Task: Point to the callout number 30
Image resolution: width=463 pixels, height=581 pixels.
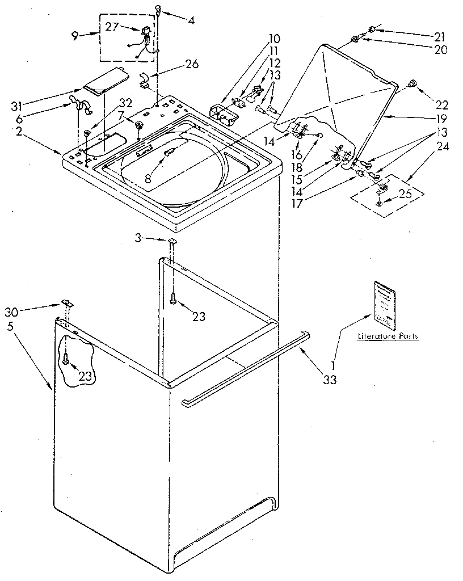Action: (x=11, y=311)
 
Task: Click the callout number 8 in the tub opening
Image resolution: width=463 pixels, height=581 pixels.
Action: (x=148, y=178)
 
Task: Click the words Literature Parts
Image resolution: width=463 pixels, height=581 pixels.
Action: (x=388, y=336)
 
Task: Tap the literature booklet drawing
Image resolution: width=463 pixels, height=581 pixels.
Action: (x=384, y=305)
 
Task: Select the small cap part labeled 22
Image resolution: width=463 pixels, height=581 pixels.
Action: (x=414, y=84)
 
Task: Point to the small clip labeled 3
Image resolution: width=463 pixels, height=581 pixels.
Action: (x=172, y=242)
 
